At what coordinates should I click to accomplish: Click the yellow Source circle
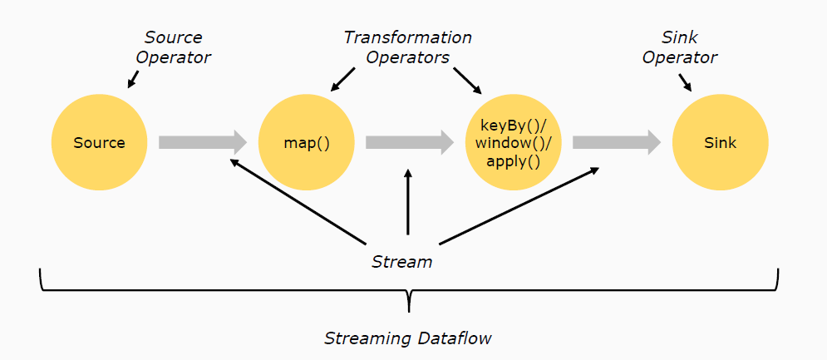[99, 142]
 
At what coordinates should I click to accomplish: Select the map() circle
[307, 142]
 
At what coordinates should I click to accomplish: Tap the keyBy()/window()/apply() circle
[513, 142]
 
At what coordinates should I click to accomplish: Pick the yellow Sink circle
[721, 142]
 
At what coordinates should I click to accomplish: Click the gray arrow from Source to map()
[203, 142]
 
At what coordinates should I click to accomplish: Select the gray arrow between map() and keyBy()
[410, 142]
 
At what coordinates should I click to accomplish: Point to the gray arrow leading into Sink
[617, 142]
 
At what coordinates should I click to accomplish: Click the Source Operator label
[174, 47]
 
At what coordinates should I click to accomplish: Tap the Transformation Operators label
[408, 47]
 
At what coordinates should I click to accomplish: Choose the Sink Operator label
[680, 47]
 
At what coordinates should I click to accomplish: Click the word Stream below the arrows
[402, 262]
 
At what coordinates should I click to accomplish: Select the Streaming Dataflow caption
[408, 338]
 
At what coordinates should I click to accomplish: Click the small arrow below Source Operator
[133, 79]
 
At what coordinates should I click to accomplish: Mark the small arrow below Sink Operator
[684, 81]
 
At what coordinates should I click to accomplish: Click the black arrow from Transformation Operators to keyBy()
[467, 81]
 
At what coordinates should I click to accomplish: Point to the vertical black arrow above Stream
[408, 202]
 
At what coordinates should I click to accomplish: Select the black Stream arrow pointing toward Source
[298, 202]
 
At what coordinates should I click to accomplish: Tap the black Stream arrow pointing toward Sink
[519, 206]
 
